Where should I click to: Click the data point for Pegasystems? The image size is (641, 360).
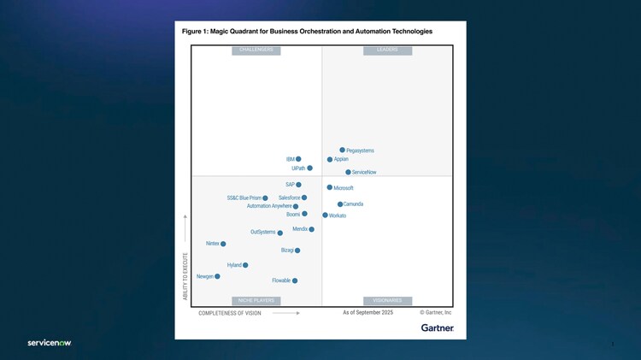point(343,150)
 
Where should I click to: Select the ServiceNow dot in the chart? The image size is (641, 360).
point(349,172)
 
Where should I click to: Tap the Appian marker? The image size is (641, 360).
point(330,159)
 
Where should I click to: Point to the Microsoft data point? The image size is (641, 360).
point(330,187)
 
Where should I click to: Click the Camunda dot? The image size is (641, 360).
point(340,204)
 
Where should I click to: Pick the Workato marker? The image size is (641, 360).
point(326,215)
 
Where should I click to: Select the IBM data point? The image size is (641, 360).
point(298,159)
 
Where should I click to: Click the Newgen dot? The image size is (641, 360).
point(218,276)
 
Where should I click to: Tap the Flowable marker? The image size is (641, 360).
point(295,280)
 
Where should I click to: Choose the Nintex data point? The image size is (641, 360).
point(223,244)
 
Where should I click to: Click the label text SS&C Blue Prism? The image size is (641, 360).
point(244,198)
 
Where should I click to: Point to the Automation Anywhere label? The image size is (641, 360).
point(268,206)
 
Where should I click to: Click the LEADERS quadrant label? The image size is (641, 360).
point(387,50)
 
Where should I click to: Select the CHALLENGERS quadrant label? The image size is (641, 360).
point(256,50)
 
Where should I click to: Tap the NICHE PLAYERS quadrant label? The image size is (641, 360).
point(256,301)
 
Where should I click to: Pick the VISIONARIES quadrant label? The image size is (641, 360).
point(387,301)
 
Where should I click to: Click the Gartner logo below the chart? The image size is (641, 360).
point(438,328)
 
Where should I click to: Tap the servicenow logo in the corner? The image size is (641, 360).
point(50,343)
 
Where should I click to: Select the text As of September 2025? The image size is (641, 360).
point(368,313)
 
